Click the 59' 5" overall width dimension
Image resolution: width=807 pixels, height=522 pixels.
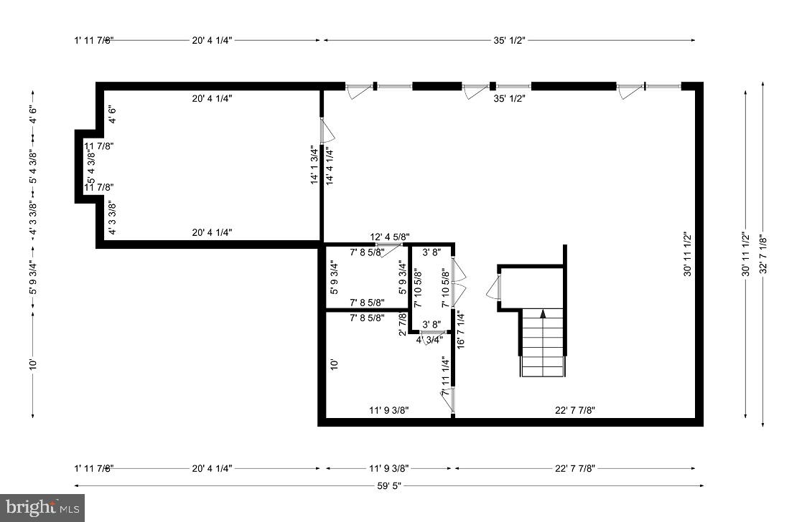(388, 485)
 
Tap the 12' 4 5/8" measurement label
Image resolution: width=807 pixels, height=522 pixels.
(390, 237)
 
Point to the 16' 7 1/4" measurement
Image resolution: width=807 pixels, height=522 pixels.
(461, 328)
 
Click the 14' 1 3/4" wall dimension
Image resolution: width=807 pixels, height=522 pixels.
(314, 166)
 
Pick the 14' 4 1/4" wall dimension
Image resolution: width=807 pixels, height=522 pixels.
(329, 166)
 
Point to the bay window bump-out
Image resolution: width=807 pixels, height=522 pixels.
(86, 166)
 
